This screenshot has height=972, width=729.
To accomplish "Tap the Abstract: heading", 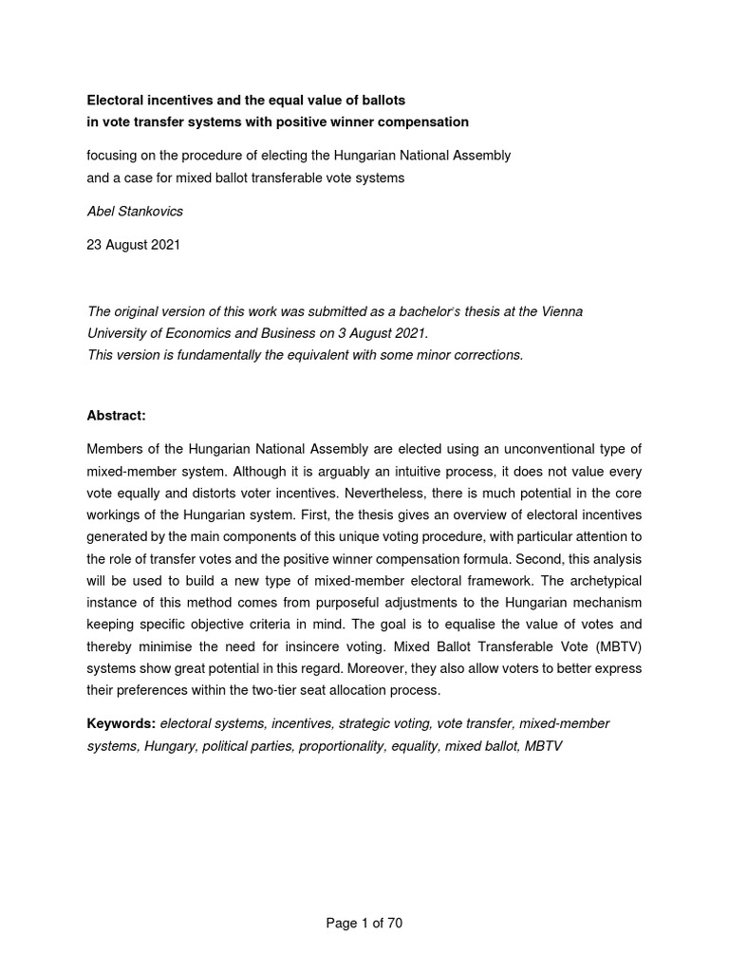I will click(x=118, y=415).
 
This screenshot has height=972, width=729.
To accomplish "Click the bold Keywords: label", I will click(x=121, y=723).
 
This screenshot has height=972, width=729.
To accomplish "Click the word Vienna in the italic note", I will click(x=559, y=311).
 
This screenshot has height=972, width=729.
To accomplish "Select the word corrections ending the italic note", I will click(x=486, y=356).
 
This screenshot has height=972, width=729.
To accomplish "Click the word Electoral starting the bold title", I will click(x=119, y=100).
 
